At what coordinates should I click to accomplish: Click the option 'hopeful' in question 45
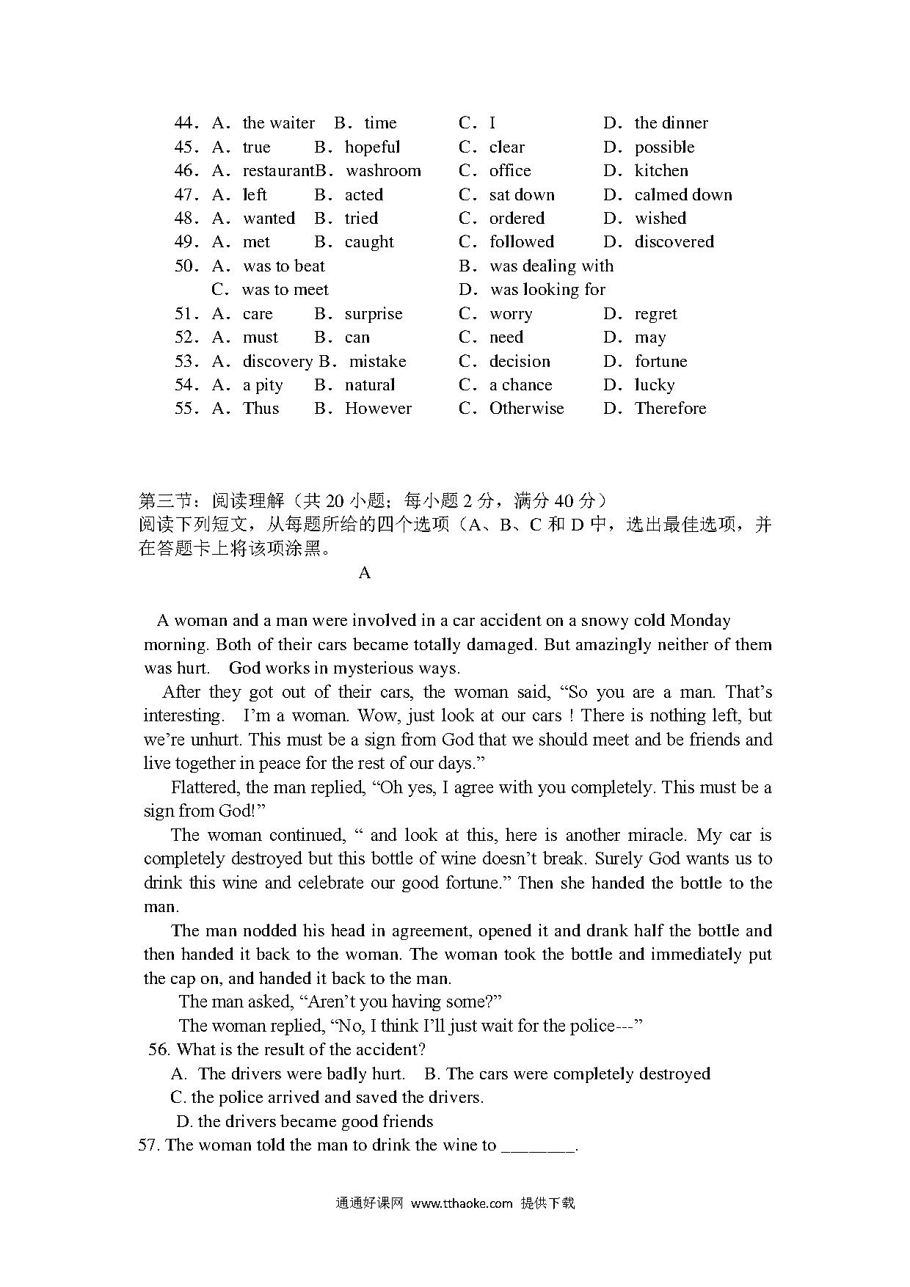[x=372, y=147]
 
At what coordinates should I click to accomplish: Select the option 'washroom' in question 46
[x=383, y=171]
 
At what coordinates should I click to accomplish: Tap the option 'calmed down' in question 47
[x=682, y=194]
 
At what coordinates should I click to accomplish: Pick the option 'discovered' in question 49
[x=674, y=242]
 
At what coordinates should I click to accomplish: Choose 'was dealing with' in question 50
[x=551, y=266]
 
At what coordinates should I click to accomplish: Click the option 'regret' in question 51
[x=655, y=314]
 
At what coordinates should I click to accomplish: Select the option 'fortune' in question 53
[x=660, y=362]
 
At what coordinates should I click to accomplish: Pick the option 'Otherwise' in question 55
[x=526, y=409]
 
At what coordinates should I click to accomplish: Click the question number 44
[x=186, y=123]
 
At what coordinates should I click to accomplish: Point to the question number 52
[x=186, y=338]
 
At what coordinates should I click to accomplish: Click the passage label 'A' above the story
[x=365, y=573]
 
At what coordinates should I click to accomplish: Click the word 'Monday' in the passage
[x=700, y=621]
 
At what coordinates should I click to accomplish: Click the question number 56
[x=159, y=1050]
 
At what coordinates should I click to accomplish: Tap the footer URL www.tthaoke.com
[x=462, y=1203]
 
